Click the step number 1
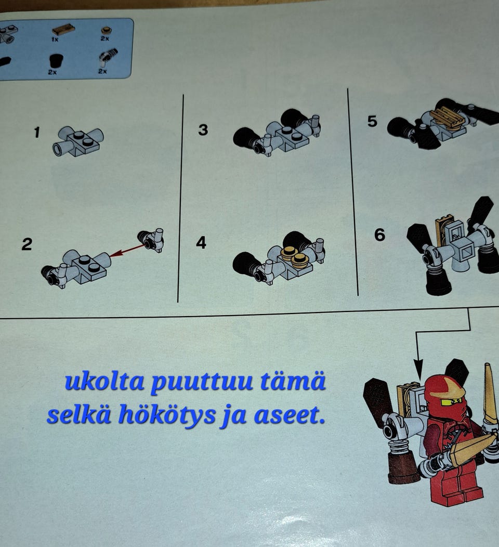pos(37,133)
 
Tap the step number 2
pos(27,244)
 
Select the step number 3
pos(203,130)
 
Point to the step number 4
pos(201,242)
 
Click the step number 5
pos(372,121)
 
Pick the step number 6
pos(380,235)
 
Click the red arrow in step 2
pos(127,251)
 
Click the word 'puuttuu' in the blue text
pos(202,383)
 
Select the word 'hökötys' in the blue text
pos(167,415)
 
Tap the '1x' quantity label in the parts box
pos(55,40)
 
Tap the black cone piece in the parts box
pos(55,61)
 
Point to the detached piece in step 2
pos(151,240)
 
